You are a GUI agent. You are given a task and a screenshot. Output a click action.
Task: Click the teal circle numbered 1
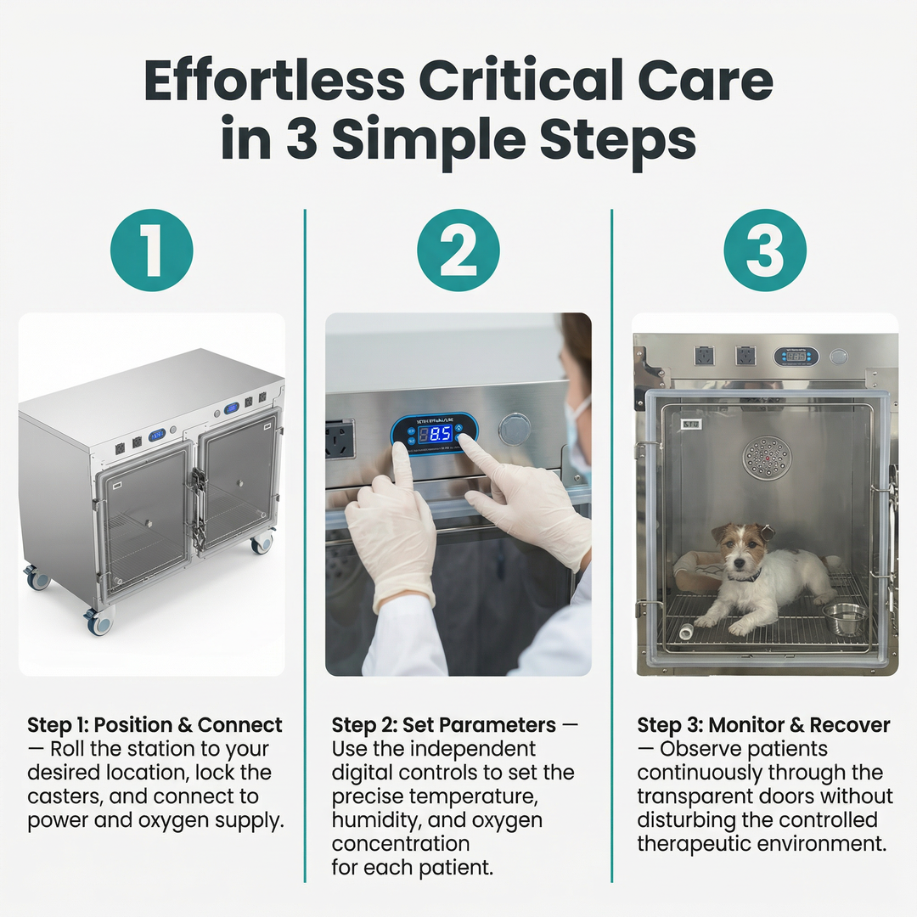point(152,250)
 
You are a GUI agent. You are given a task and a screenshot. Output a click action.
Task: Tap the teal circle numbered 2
point(458,250)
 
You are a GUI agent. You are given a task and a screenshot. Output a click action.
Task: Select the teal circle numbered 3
point(764,250)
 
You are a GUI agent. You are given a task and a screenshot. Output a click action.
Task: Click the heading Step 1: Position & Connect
point(155,725)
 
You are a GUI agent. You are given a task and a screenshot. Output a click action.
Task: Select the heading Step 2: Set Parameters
point(443,725)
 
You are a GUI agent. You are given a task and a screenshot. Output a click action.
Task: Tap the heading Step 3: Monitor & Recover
point(763,725)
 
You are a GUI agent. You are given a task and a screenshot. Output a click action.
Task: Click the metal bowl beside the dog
point(844,618)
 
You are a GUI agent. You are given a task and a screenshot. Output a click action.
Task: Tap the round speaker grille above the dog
point(767,458)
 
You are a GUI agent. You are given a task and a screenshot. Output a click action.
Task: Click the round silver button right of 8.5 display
point(515,429)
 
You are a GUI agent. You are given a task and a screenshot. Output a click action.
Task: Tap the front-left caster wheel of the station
point(98,622)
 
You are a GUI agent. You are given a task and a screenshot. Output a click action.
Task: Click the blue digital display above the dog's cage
point(796,356)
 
